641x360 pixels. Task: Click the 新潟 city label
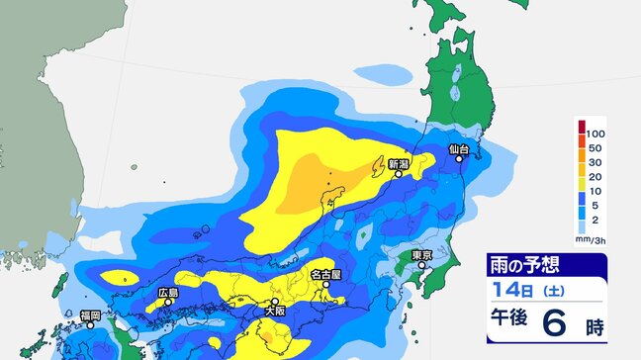click(x=398, y=163)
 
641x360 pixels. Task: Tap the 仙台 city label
click(x=458, y=148)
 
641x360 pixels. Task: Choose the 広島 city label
click(x=167, y=293)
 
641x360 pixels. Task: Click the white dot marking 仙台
click(x=459, y=159)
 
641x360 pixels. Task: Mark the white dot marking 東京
click(x=423, y=265)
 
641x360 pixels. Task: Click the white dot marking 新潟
click(x=399, y=174)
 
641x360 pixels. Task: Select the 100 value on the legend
click(x=595, y=133)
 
